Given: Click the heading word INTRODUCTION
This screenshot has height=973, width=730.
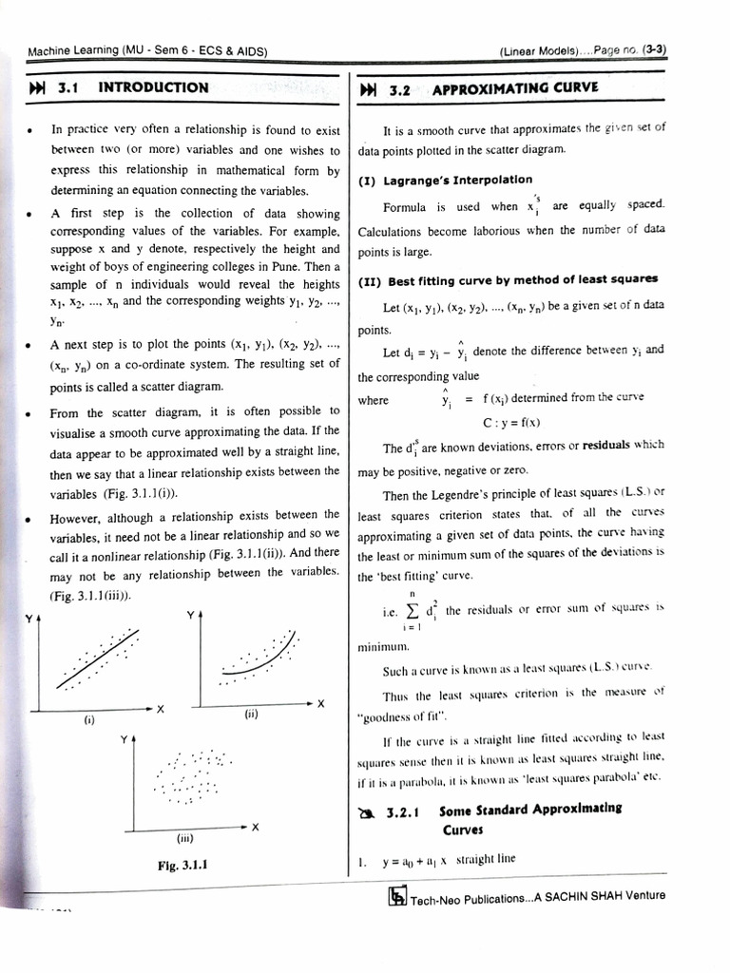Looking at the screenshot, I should [x=153, y=87].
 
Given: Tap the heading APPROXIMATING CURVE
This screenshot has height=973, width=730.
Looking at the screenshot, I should [x=515, y=89].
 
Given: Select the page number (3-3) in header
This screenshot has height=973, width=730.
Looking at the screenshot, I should [x=653, y=50].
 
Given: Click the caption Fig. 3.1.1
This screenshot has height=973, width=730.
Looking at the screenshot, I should [x=182, y=866].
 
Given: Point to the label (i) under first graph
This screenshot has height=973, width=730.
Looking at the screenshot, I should [x=88, y=719].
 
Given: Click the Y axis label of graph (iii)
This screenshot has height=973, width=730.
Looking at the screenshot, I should [x=123, y=737].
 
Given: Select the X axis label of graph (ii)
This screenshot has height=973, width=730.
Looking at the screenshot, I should [x=320, y=703].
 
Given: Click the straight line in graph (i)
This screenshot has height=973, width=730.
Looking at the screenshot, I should [x=100, y=656].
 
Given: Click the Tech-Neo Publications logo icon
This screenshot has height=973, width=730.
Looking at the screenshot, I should [x=398, y=896].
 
